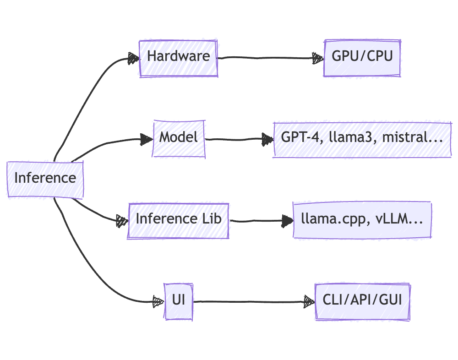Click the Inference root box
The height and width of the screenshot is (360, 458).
point(45,178)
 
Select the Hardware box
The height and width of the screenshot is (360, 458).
point(178,57)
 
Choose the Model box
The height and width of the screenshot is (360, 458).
point(179,137)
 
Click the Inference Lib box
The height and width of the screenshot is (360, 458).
point(178,219)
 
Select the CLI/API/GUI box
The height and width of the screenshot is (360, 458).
point(362,301)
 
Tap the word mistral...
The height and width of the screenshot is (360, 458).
point(403,137)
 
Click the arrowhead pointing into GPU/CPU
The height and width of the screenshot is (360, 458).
point(318,58)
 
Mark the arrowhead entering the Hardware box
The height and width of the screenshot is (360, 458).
point(133,58)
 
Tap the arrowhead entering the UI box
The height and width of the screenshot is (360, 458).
point(158,302)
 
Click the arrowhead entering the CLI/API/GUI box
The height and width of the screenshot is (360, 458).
point(310,302)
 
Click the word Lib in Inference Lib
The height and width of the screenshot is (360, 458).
point(211,219)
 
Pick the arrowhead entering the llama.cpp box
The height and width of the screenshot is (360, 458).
point(288,222)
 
